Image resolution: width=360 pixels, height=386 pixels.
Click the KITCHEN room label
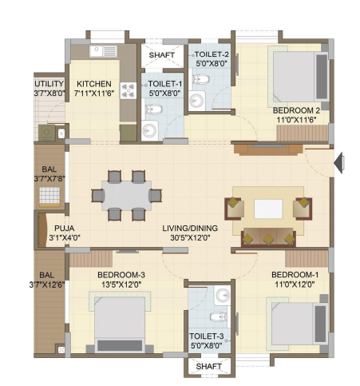tap(94, 84)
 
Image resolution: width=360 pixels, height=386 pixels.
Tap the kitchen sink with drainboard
tap(103, 51)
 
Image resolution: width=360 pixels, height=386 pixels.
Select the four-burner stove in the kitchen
tap(128, 90)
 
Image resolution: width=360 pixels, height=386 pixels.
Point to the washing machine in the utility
tap(47, 133)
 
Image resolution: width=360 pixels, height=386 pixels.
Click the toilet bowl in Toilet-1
tap(153, 109)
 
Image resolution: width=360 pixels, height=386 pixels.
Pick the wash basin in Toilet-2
tap(197, 101)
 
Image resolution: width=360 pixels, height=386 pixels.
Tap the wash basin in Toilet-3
tap(223, 296)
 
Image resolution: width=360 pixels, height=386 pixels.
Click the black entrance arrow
tap(338, 162)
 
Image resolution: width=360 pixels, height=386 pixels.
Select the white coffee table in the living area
tap(268, 209)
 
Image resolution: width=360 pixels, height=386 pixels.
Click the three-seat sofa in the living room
tap(268, 237)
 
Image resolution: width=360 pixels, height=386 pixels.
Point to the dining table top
tap(127, 196)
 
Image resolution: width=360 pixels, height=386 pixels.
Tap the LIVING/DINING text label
tap(190, 229)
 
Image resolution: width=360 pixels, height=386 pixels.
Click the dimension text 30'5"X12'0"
tap(190, 237)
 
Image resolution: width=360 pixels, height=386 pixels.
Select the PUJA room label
tap(65, 229)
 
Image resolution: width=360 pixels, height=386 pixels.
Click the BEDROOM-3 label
tap(121, 275)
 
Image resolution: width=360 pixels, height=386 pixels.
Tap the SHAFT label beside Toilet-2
tap(162, 55)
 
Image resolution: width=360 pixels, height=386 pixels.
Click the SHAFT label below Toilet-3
tap(208, 367)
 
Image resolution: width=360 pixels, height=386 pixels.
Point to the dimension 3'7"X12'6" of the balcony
tap(47, 285)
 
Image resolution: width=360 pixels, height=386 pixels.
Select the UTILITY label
tap(49, 84)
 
